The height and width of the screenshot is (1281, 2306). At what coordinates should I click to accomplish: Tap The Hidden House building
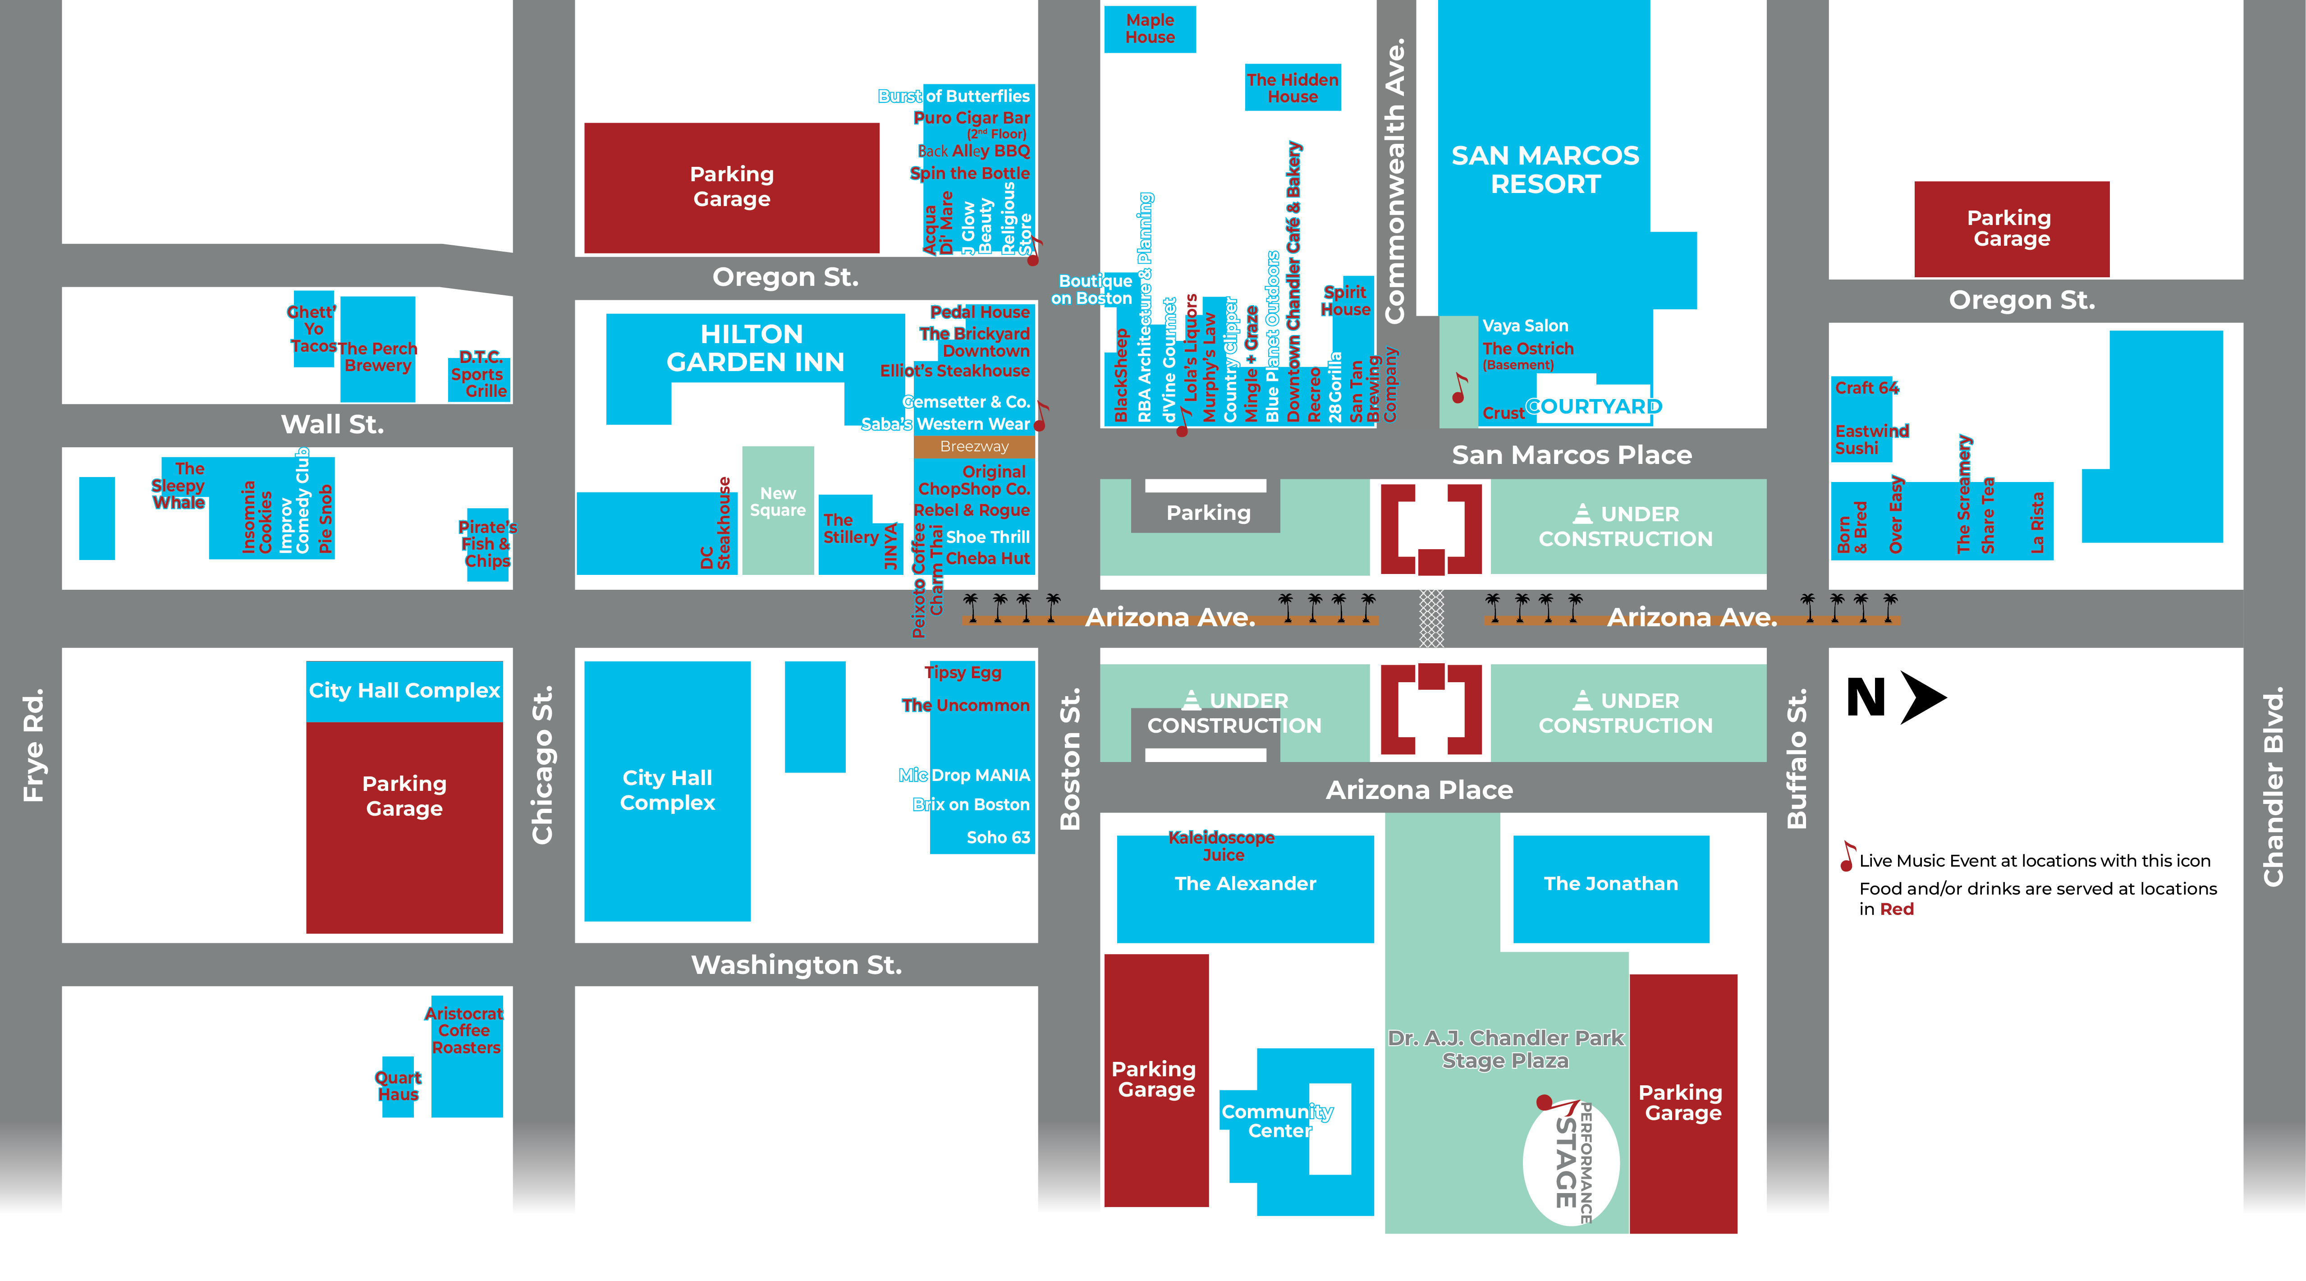[1292, 88]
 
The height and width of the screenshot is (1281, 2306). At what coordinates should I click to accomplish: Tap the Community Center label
[1278, 1121]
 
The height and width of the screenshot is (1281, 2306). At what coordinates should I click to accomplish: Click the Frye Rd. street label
[33, 745]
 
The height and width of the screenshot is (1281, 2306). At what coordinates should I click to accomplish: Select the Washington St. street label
[796, 965]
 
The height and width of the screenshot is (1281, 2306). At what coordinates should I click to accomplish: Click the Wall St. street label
[332, 424]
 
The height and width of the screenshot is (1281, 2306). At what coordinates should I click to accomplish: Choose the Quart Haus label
[398, 1086]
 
